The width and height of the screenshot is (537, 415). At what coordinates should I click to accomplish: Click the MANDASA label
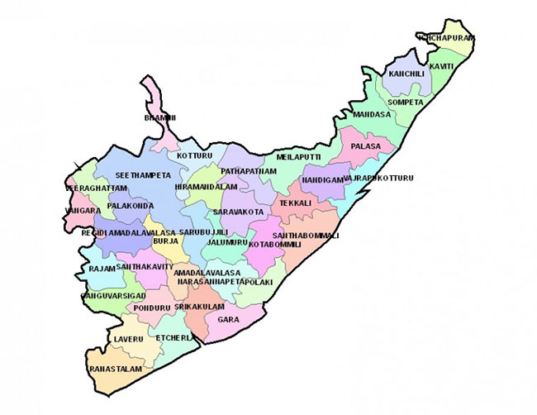(x=371, y=114)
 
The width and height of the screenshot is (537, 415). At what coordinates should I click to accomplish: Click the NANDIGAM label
(x=322, y=179)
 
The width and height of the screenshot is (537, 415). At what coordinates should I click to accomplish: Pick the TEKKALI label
(x=295, y=203)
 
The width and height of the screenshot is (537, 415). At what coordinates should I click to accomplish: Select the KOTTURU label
(x=195, y=155)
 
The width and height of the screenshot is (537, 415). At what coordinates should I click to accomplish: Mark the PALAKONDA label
(x=121, y=203)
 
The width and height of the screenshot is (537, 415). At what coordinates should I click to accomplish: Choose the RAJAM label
(x=102, y=269)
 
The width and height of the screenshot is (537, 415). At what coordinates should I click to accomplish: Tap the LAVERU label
(x=124, y=339)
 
